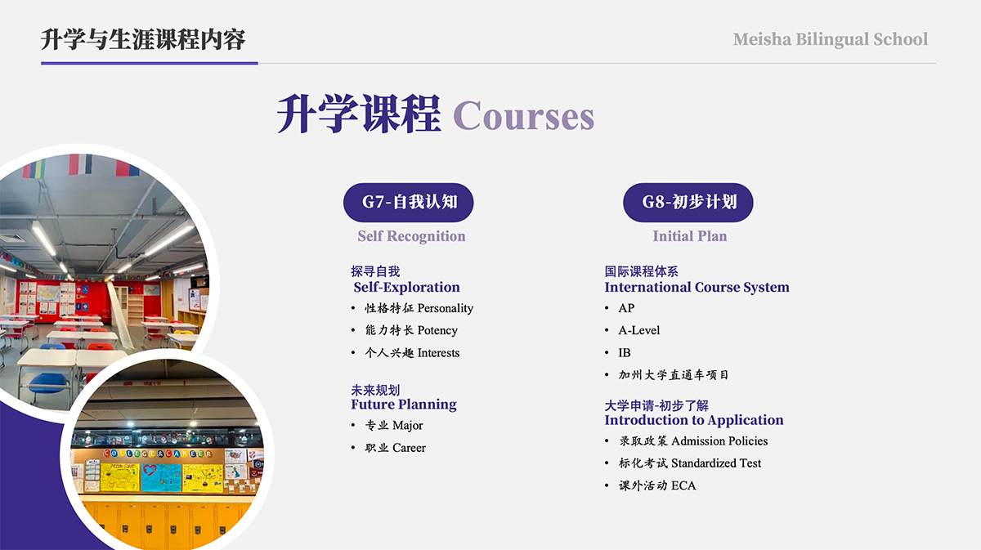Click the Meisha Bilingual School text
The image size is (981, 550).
831,39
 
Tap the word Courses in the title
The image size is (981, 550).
523,116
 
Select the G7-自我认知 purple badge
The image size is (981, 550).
408,203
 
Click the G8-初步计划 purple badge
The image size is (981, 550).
688,203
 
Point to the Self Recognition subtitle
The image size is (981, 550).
411,236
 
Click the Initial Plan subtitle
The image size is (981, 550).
690,236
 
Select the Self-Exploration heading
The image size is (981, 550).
406,288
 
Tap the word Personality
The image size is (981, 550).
446,308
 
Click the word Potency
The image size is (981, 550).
437,330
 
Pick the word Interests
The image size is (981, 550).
438,353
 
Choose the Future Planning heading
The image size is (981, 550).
404,405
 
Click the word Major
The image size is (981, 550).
408,425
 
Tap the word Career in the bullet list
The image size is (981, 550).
409,448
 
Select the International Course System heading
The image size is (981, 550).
697,288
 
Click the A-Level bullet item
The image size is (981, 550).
639,330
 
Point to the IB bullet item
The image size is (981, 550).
625,353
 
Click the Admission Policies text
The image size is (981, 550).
719,441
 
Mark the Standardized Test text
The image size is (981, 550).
716,463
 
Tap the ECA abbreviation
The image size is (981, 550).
683,485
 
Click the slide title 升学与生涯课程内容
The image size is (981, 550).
143,39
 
